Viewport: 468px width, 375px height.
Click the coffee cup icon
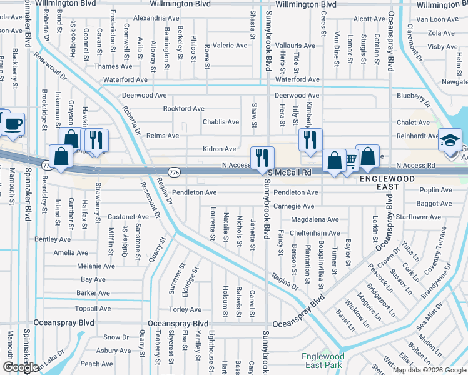click(12, 124)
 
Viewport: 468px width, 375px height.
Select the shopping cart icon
click(350, 161)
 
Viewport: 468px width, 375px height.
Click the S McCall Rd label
click(290, 172)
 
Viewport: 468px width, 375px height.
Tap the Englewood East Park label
click(322, 361)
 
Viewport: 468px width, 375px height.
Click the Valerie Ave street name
click(230, 46)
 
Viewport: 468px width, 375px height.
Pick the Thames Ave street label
click(113, 66)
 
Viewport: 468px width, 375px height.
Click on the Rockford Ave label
click(183, 108)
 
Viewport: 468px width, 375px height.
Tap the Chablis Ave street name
click(220, 122)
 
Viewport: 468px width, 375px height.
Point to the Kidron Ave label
click(219, 149)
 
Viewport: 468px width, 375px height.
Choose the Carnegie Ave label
click(293, 206)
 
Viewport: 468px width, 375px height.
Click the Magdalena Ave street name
click(315, 219)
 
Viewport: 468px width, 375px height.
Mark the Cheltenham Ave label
click(315, 232)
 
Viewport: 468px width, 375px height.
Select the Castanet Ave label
click(128, 217)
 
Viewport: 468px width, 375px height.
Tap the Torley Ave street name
click(185, 309)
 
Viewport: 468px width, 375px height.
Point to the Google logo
click(21, 367)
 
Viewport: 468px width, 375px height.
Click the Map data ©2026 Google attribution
click(429, 370)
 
